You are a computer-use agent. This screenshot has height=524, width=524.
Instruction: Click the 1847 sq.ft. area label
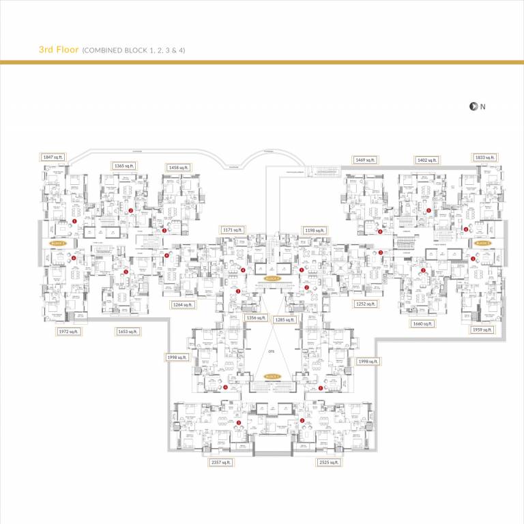tap(53, 157)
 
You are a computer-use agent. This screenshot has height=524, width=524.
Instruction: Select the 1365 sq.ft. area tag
tap(124, 166)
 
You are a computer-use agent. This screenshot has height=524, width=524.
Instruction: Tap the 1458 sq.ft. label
tap(179, 167)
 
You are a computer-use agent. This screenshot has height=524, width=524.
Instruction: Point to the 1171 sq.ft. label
tap(232, 231)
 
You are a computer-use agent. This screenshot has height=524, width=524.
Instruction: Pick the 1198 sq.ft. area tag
tap(314, 231)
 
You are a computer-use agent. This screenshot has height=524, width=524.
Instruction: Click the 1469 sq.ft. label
tap(365, 160)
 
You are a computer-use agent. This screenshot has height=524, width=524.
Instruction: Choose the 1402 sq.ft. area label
tap(426, 160)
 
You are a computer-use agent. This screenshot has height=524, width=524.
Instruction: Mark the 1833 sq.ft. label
tap(484, 157)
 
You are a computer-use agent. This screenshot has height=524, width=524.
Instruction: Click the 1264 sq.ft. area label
tap(183, 304)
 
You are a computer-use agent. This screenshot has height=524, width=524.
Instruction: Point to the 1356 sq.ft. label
tap(256, 318)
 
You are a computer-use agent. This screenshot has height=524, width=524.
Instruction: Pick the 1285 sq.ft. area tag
tap(285, 319)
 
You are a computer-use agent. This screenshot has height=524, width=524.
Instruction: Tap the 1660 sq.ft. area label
tap(422, 323)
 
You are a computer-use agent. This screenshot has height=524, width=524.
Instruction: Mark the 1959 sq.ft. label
tap(482, 330)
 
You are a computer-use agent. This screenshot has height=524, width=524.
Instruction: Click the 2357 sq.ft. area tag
tap(221, 462)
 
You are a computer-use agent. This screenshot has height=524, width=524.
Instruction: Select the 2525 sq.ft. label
tap(329, 462)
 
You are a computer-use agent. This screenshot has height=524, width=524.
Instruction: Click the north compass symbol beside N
tap(471, 106)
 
